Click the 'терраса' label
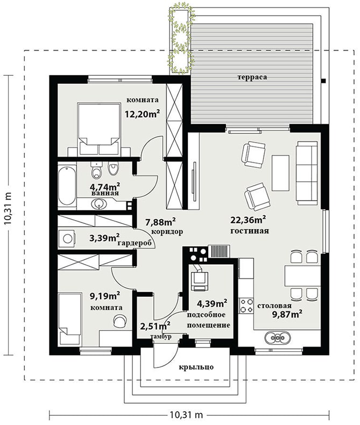(x=252, y=77)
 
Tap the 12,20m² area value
(x=142, y=114)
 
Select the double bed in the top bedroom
(x=99, y=129)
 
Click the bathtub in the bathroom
(x=67, y=186)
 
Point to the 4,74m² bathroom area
(x=105, y=187)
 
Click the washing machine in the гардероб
(x=67, y=238)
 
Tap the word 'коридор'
(x=167, y=232)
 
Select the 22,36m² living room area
(x=248, y=220)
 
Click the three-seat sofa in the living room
(x=307, y=173)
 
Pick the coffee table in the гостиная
(x=280, y=173)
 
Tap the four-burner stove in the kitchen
(x=246, y=306)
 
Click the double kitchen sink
(x=278, y=338)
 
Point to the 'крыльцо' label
(x=196, y=367)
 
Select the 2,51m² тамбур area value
(x=156, y=325)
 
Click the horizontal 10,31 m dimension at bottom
(x=187, y=414)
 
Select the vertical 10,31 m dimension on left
(x=9, y=208)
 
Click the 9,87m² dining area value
(x=287, y=314)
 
